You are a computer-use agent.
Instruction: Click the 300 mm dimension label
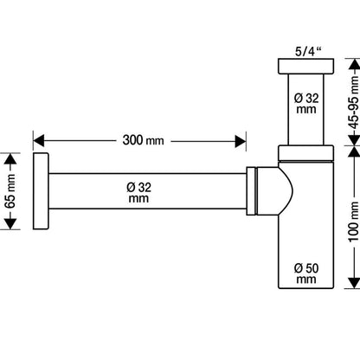click(143, 140)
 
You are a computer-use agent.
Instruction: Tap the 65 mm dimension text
click(10, 191)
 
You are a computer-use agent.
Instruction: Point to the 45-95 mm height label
click(355, 102)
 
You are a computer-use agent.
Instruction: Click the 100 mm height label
click(355, 222)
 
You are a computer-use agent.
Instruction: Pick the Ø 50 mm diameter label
click(306, 273)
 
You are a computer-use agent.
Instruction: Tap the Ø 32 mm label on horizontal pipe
click(138, 193)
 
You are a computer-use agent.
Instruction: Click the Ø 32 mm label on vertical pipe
click(306, 104)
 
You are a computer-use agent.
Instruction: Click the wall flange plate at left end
click(41, 191)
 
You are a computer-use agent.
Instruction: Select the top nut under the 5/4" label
click(306, 66)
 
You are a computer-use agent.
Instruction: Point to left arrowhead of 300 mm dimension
click(39, 141)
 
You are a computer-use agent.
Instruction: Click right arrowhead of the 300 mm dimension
click(241, 141)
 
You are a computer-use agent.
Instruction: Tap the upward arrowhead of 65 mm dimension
click(10, 159)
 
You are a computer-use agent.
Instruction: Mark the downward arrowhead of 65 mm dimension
click(10, 224)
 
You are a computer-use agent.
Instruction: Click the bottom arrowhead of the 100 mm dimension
click(354, 283)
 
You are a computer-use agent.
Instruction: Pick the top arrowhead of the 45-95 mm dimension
click(354, 64)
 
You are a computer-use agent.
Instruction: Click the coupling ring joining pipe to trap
click(251, 190)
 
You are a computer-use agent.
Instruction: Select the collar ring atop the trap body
click(306, 153)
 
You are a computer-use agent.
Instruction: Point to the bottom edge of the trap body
click(306, 288)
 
